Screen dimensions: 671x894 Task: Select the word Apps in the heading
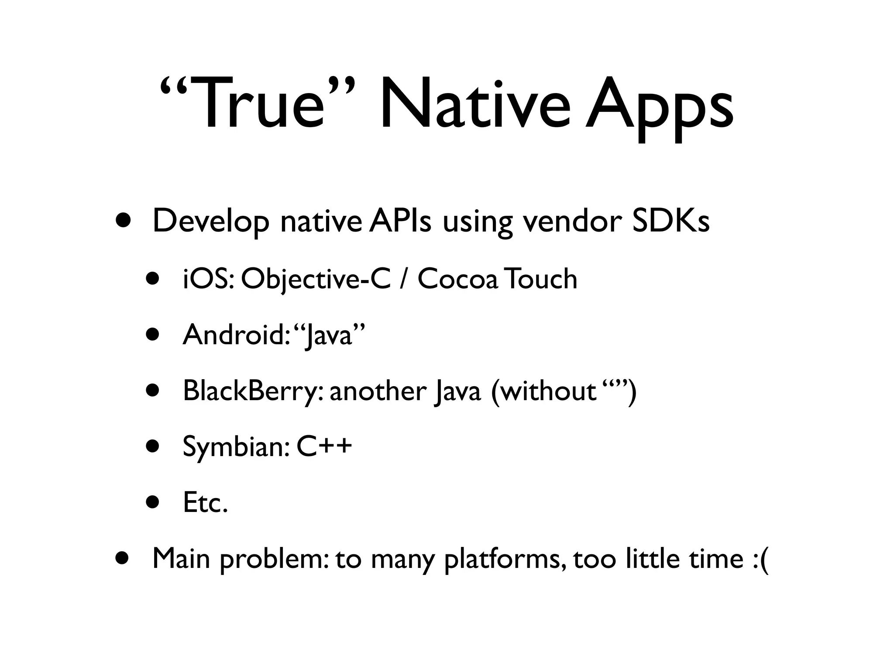[x=659, y=107]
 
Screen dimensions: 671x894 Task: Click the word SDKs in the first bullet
[x=670, y=221]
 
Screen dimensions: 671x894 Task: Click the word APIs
[x=400, y=221]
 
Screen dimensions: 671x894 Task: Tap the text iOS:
[x=209, y=279]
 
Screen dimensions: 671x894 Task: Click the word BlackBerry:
[x=253, y=391]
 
